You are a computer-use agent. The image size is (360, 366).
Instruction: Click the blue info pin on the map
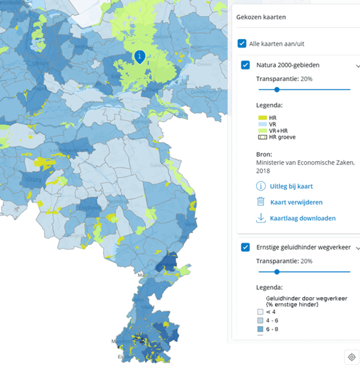click(139, 56)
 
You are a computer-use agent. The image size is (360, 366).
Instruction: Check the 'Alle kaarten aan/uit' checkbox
click(242, 44)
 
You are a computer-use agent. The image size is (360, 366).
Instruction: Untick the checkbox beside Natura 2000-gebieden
click(245, 65)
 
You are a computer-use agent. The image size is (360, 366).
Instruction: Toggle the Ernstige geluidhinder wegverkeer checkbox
click(245, 247)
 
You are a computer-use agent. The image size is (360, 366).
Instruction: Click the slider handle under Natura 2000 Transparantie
click(277, 89)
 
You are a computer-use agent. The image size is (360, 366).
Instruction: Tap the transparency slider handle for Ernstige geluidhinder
click(277, 271)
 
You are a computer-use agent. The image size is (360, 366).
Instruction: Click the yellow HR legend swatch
click(262, 117)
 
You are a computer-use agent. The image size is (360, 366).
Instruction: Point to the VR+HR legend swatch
click(262, 131)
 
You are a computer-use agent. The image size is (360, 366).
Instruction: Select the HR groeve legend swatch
click(262, 137)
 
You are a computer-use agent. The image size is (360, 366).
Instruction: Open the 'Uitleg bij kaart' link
click(291, 186)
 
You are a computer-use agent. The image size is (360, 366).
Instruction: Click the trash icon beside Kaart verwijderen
click(261, 202)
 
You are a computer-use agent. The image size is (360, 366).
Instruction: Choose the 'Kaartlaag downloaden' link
click(302, 218)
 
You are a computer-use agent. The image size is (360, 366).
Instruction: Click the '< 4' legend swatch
click(260, 311)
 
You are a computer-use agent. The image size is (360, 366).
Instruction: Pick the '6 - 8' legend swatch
click(260, 329)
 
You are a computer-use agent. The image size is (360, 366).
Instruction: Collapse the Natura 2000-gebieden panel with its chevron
click(358, 66)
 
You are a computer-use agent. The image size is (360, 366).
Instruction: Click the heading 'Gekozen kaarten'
click(261, 17)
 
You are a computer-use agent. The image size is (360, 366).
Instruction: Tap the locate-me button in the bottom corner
click(352, 357)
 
